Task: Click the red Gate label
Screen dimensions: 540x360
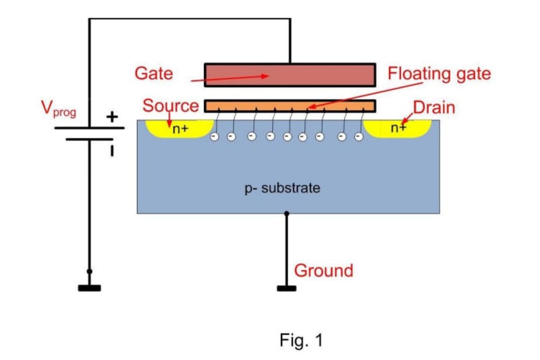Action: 154,74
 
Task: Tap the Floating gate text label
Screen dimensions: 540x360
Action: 439,74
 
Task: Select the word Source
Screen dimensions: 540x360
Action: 171,105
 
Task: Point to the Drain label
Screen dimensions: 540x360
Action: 434,107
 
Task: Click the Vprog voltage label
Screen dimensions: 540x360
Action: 59,109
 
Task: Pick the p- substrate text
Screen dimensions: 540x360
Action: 282,188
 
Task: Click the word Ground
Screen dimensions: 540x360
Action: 324,271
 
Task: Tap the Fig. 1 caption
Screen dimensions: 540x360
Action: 301,340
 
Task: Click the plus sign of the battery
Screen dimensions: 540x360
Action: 112,117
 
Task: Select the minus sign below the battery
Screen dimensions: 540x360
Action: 112,151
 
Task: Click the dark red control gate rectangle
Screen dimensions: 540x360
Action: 290,75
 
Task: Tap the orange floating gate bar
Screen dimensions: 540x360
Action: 290,106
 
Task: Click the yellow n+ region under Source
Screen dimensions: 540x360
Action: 180,129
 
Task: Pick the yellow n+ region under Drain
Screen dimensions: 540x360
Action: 398,129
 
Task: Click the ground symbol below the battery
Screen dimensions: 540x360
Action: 90,288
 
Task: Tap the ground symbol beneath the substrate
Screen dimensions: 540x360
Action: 286,288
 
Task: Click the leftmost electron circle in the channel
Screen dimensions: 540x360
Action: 214,136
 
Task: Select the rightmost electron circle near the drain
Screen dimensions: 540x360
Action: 359,136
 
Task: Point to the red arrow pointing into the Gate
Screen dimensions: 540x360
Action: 230,78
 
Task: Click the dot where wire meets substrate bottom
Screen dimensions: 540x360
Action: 286,213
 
